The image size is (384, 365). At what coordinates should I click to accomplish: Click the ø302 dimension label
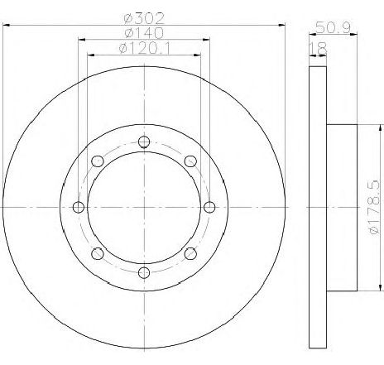(144, 18)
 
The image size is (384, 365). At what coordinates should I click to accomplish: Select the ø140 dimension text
(144, 33)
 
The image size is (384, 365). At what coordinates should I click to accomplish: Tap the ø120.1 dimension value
(145, 48)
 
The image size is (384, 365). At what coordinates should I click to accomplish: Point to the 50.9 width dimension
(333, 27)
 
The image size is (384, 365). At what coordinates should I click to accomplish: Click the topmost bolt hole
(144, 142)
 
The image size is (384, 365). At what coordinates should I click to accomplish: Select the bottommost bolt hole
(144, 272)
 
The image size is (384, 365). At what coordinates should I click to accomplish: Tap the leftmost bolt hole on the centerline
(79, 207)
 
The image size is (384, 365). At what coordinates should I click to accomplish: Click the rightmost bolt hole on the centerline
(209, 207)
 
